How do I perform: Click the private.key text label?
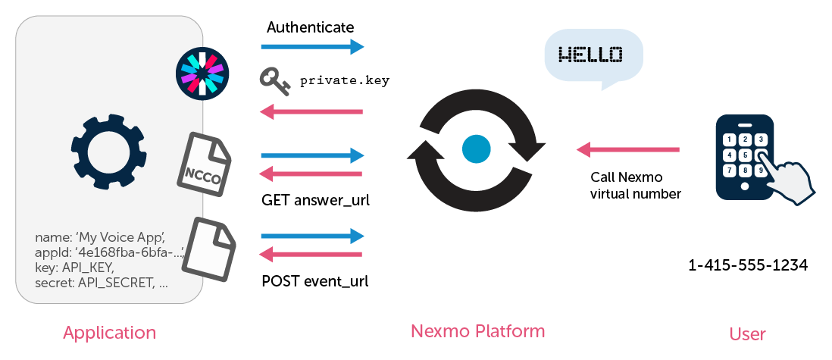pyautogui.click(x=345, y=80)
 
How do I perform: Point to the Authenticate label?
pyautogui.click(x=310, y=27)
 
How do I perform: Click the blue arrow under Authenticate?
pyautogui.click(x=312, y=47)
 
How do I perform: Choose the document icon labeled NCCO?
pyautogui.click(x=204, y=164)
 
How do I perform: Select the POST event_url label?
pyautogui.click(x=314, y=281)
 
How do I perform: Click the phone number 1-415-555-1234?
pyautogui.click(x=747, y=266)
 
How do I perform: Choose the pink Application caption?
pyautogui.click(x=110, y=333)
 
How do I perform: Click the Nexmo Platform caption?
pyautogui.click(x=477, y=331)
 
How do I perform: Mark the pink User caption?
pyautogui.click(x=747, y=333)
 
